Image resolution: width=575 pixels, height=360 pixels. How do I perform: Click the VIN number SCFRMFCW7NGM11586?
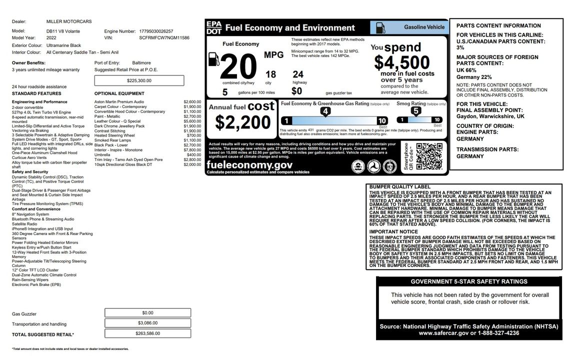pos(164,37)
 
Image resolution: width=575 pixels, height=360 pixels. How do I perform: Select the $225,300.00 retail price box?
pos(139,80)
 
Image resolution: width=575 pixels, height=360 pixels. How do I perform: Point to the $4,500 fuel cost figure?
pos(402,62)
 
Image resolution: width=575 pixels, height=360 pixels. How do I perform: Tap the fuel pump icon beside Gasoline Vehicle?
pos(380,27)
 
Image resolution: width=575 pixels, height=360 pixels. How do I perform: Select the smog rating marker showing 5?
pos(415,111)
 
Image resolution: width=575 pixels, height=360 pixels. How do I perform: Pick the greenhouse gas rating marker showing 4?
pos(325,111)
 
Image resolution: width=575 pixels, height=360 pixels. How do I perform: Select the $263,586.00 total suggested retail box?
pos(147,333)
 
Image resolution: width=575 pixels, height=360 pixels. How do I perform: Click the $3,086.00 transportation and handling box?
pos(147,323)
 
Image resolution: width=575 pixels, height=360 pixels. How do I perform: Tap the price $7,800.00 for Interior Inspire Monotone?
pos(192,150)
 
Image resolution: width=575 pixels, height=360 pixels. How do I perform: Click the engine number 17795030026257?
pos(156,31)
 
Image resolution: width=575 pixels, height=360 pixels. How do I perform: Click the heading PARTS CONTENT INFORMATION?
pos(491,25)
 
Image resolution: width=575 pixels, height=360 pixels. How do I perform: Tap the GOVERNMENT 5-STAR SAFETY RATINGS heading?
pos(469,281)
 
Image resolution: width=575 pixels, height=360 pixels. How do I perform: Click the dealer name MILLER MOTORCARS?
pos(69,22)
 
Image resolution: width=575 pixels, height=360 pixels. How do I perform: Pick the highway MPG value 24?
pos(298,74)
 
